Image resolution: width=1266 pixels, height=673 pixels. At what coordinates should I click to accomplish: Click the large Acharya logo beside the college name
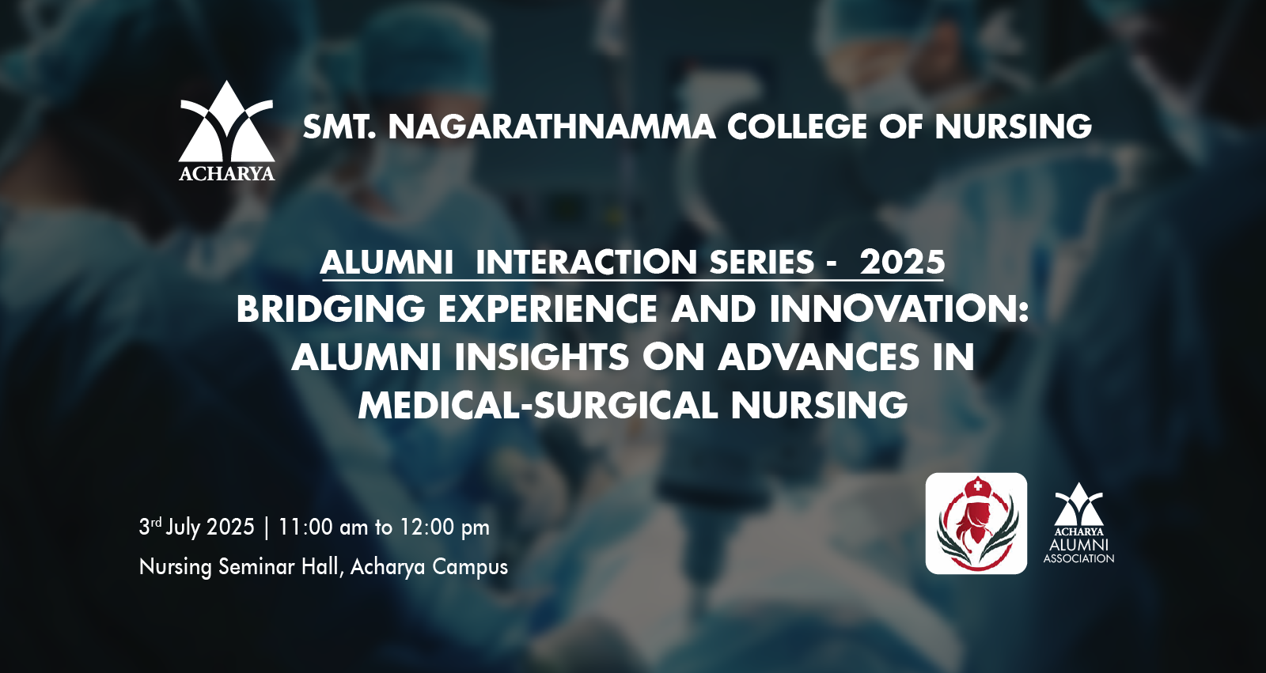click(226, 130)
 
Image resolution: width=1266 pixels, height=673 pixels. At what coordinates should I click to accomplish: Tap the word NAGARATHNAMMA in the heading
click(552, 127)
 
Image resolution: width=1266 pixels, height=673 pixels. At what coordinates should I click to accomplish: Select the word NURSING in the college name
click(1013, 127)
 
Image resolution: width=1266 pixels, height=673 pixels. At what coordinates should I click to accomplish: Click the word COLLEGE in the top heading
click(797, 127)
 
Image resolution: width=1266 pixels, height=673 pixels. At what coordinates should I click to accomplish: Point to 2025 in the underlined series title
click(902, 263)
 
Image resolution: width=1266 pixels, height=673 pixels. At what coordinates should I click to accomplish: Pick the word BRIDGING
click(331, 309)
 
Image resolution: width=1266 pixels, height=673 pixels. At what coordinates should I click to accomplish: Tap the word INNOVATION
click(899, 309)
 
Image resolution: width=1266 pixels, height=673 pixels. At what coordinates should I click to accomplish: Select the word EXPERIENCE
click(548, 309)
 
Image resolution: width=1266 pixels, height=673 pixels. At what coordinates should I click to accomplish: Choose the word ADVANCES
click(819, 357)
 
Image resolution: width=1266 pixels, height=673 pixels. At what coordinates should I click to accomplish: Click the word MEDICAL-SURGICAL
click(538, 405)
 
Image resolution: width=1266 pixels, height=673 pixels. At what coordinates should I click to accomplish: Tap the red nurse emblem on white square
click(976, 524)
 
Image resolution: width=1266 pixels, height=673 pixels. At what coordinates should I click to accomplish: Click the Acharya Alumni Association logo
click(1079, 524)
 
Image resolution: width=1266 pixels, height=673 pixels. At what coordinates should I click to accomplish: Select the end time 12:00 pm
click(445, 527)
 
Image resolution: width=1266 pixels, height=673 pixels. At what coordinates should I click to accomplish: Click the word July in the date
click(183, 527)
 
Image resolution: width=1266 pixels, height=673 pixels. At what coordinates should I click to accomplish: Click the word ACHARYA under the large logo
click(226, 173)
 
